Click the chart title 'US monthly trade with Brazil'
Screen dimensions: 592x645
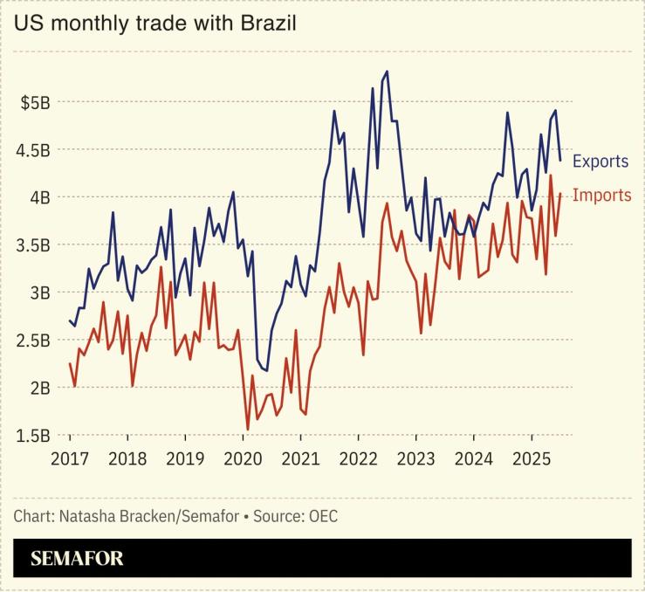click(154, 23)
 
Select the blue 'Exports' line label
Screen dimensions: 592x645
click(600, 162)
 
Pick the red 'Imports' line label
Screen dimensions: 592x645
click(601, 196)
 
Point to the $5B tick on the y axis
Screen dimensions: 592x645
click(36, 102)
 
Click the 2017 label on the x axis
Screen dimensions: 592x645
click(70, 458)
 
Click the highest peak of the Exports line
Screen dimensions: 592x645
click(387, 72)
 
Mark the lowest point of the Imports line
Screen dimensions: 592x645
click(248, 430)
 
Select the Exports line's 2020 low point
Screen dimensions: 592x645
click(266, 370)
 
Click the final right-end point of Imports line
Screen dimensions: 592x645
click(559, 194)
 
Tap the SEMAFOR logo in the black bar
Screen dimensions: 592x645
click(77, 559)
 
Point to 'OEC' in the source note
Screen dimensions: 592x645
click(323, 516)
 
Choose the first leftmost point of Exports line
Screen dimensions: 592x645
click(70, 320)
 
